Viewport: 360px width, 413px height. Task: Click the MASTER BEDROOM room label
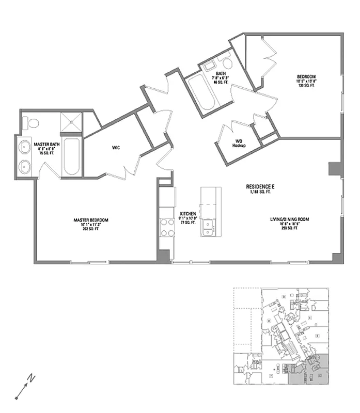coord(91,220)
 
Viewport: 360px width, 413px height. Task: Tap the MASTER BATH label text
coord(47,144)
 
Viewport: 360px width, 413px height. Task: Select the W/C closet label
coord(116,148)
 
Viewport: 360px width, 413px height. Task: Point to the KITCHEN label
coord(187,213)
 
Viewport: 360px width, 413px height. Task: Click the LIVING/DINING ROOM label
coord(289,219)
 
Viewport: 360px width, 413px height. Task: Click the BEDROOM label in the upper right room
coord(306,76)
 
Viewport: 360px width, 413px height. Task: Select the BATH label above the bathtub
coord(221,74)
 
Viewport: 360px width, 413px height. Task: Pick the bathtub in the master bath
coord(71,157)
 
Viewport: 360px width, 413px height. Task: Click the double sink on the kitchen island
coord(208,227)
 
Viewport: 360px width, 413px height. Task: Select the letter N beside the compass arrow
coord(32,378)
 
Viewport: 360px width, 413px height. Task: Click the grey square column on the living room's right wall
coord(334,169)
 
